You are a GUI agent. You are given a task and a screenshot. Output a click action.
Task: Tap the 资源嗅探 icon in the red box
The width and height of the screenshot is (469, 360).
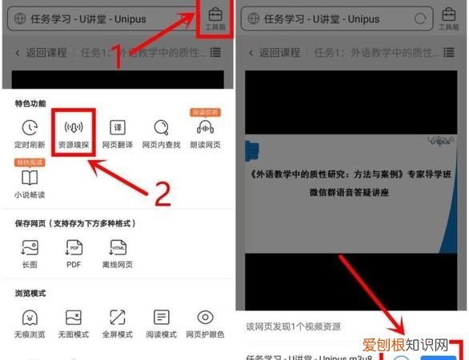[74, 128]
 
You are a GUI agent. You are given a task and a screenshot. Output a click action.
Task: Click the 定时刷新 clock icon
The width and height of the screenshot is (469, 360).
[30, 128]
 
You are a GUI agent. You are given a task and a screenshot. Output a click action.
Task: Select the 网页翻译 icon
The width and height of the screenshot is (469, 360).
[118, 128]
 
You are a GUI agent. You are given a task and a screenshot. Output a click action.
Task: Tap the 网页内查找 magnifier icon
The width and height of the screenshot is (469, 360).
[162, 128]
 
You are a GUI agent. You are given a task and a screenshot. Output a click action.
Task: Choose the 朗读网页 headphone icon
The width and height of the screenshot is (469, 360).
[206, 128]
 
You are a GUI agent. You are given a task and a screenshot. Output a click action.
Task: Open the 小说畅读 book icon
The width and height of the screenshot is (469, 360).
[30, 178]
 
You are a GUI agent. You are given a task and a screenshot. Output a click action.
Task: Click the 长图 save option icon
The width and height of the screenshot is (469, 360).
[30, 247]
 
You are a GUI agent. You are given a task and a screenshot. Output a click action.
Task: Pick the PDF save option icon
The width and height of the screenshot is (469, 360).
[74, 247]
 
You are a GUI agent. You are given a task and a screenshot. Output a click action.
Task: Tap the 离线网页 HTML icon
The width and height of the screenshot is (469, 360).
[118, 247]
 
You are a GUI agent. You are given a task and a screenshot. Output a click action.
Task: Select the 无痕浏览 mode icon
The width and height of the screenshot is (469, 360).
[30, 318]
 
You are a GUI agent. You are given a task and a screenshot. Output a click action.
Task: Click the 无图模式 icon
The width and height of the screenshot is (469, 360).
[74, 318]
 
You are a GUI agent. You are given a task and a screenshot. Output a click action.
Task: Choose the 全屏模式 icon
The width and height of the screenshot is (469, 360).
[118, 318]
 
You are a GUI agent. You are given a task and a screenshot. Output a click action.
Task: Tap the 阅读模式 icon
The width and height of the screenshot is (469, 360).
[162, 318]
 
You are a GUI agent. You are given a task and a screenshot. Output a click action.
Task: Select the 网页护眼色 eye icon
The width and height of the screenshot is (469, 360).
[206, 318]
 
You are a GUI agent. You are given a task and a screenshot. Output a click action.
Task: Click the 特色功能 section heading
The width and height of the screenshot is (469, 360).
[30, 104]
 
